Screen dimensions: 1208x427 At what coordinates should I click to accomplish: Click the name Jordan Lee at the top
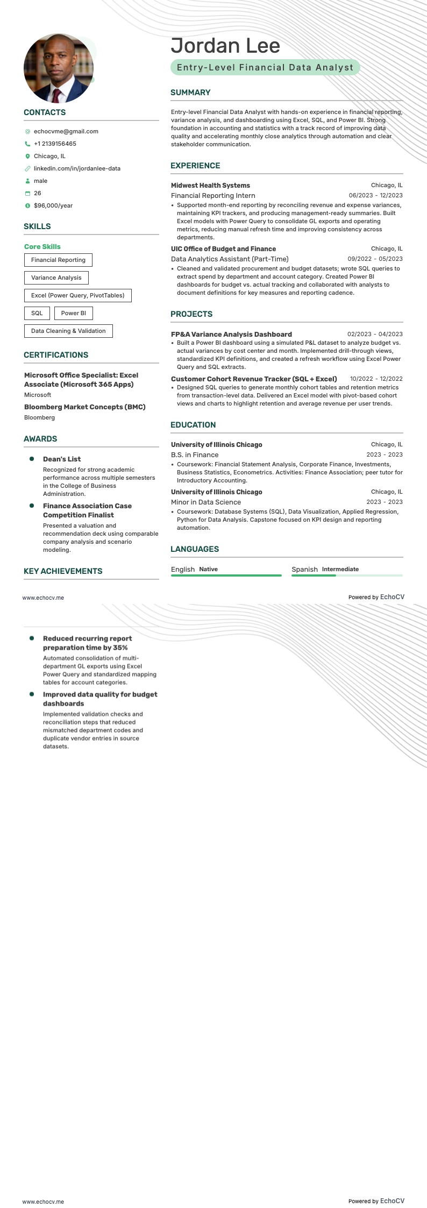225,46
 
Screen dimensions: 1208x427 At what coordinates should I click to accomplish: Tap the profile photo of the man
59,68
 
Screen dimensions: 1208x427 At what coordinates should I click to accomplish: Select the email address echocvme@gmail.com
66,131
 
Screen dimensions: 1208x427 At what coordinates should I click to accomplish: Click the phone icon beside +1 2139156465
27,144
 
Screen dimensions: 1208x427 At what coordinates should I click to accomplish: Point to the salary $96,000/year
53,205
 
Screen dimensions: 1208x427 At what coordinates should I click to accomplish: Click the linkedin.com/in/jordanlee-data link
77,168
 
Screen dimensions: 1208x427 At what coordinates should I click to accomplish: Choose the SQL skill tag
37,313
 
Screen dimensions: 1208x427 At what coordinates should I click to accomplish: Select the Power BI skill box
73,313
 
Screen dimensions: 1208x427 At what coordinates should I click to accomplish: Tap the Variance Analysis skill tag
56,278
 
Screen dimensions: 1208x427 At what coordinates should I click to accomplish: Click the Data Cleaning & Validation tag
68,331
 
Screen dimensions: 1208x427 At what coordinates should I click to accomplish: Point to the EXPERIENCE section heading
195,166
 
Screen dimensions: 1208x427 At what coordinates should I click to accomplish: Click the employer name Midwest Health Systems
210,186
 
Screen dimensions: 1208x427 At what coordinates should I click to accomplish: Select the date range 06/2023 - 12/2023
375,196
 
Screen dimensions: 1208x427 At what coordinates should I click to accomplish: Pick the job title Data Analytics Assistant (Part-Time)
230,259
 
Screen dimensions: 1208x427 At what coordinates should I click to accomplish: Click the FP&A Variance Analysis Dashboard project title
231,334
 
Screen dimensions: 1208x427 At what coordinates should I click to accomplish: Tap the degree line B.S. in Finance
195,455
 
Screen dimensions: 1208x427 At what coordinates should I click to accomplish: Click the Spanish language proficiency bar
347,575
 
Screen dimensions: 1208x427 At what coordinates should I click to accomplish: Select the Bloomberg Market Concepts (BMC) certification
85,407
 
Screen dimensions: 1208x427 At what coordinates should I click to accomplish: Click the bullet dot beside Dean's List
31,459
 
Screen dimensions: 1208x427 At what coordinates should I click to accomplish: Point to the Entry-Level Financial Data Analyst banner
265,67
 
